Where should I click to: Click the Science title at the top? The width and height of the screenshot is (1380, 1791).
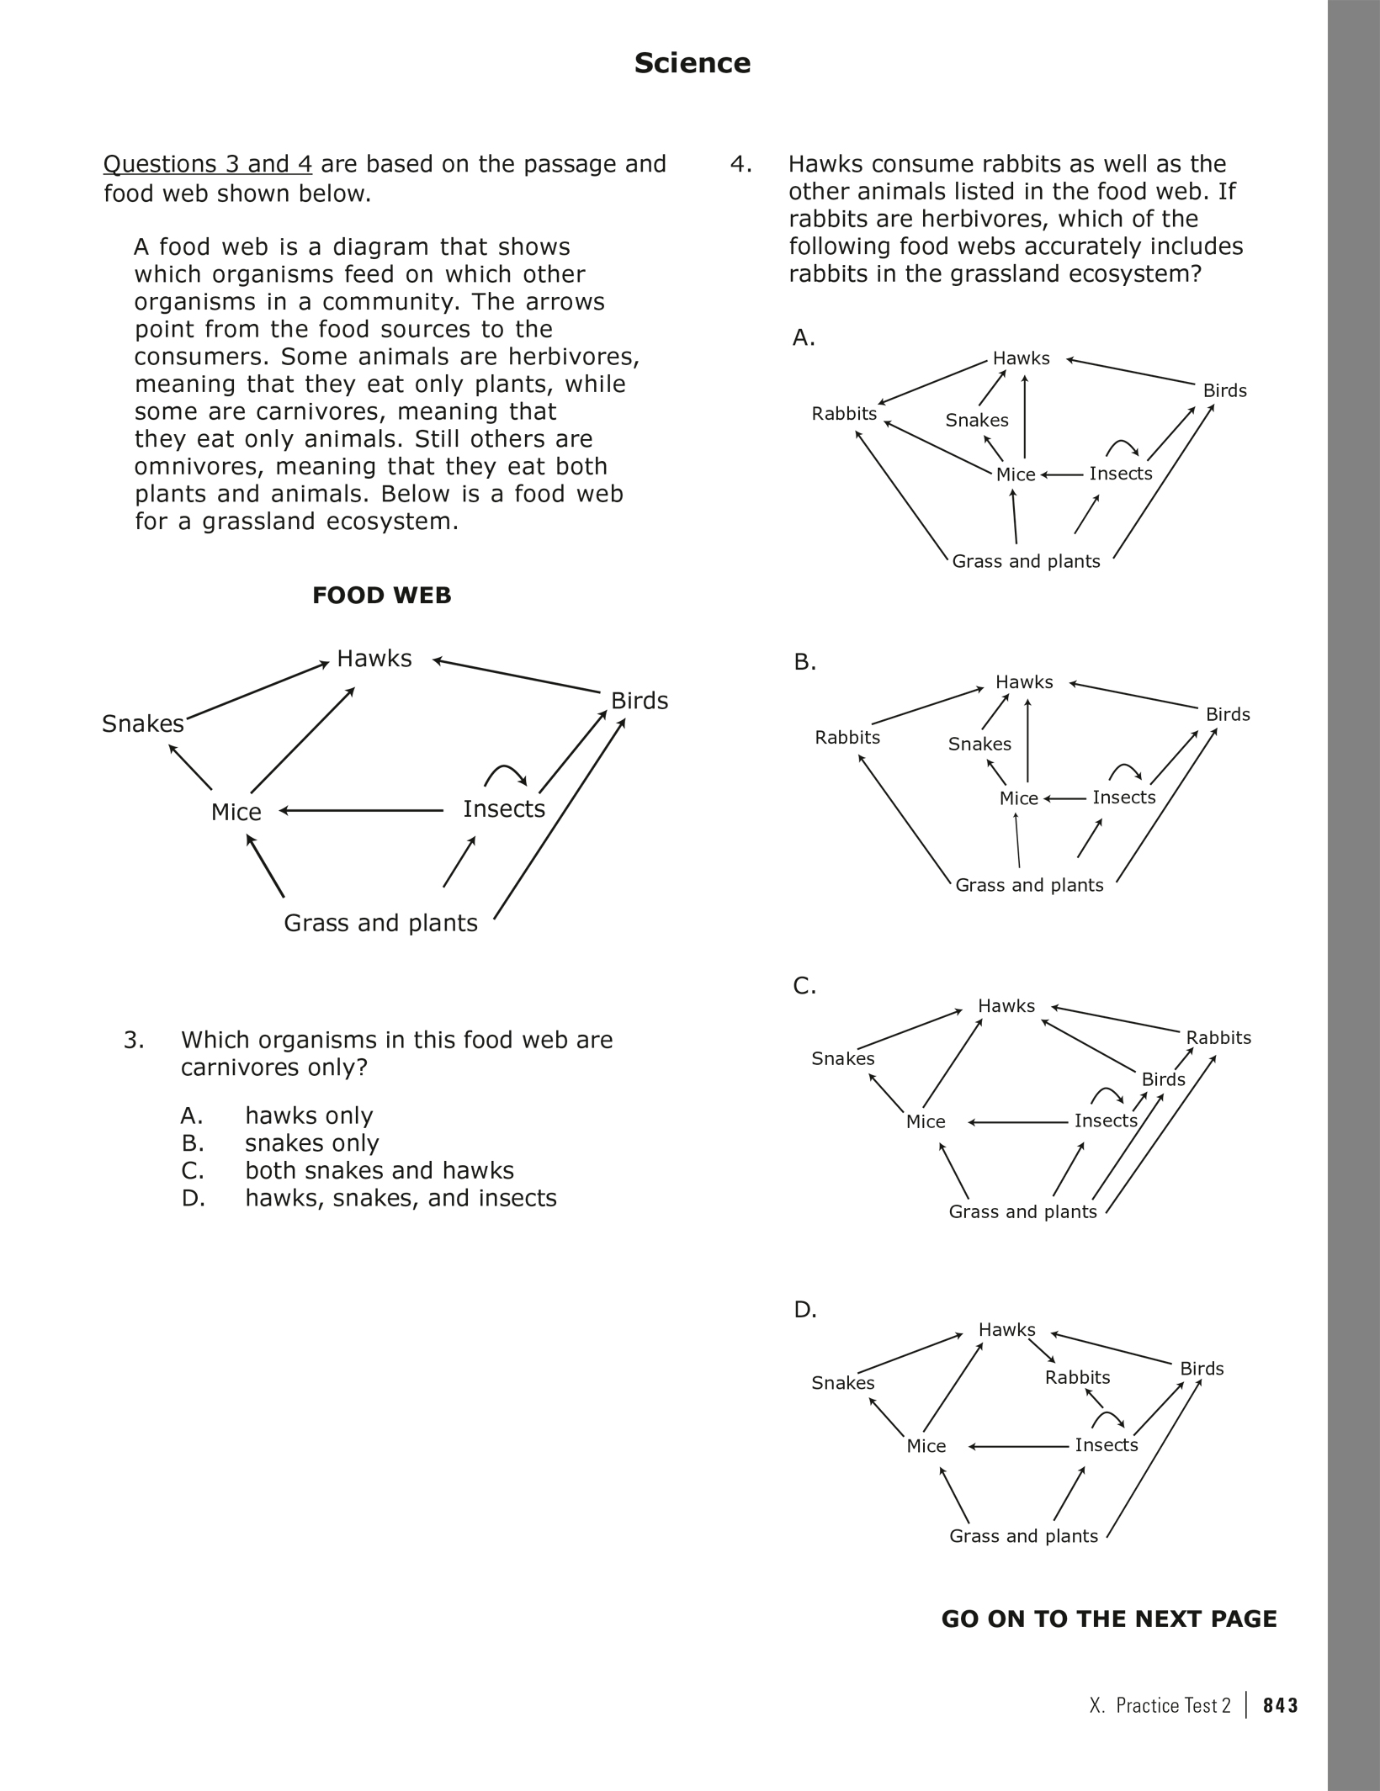click(x=692, y=63)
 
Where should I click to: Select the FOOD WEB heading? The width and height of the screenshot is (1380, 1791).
click(x=381, y=596)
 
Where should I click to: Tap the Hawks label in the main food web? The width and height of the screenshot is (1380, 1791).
click(x=374, y=658)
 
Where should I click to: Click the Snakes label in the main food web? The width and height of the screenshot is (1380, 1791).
click(x=143, y=723)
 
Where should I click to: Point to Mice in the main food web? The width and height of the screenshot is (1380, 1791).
click(x=236, y=812)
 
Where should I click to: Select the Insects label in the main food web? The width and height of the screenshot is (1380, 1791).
click(x=504, y=809)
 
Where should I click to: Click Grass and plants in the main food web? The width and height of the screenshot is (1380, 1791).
click(x=380, y=924)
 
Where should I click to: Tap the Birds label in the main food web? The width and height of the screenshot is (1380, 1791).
click(x=640, y=701)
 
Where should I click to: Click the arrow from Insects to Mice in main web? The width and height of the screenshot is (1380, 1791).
click(x=362, y=811)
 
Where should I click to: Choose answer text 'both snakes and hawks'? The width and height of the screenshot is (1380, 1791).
click(x=379, y=1171)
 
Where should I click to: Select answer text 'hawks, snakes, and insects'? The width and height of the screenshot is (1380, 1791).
click(x=401, y=1198)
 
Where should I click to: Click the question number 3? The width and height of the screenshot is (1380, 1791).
click(x=134, y=1041)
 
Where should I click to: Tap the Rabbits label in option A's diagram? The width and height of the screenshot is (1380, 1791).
click(x=844, y=413)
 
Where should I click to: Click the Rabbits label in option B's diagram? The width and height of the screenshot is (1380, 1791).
click(x=847, y=737)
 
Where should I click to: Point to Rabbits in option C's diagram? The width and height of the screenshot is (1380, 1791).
click(x=1218, y=1037)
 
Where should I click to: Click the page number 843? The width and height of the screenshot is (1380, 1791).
click(x=1281, y=1705)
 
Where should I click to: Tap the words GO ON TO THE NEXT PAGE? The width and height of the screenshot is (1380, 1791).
click(x=1109, y=1619)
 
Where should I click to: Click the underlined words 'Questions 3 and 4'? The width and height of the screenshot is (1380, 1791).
click(x=208, y=164)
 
